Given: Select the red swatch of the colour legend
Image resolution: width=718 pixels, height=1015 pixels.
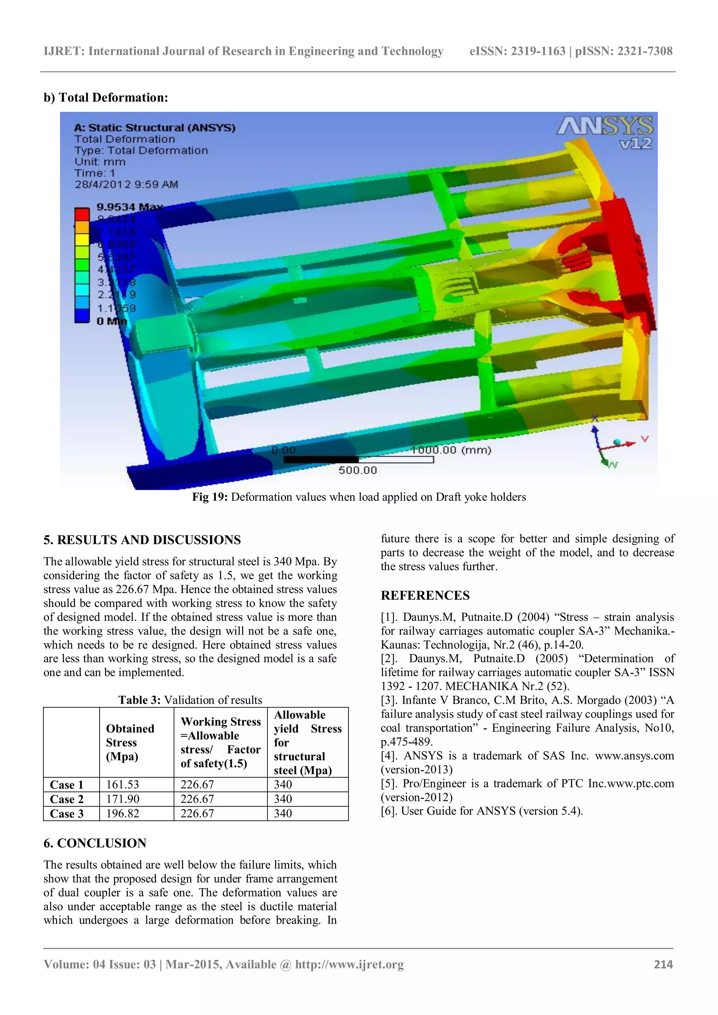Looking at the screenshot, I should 81,214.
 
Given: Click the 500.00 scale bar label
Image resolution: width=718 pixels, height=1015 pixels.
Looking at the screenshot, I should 358,470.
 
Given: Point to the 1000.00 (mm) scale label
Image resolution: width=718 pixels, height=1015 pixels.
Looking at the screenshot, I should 451,450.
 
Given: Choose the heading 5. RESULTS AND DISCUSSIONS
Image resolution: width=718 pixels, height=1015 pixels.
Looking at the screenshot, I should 142,540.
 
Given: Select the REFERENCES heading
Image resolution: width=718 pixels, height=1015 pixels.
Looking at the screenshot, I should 425,595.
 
